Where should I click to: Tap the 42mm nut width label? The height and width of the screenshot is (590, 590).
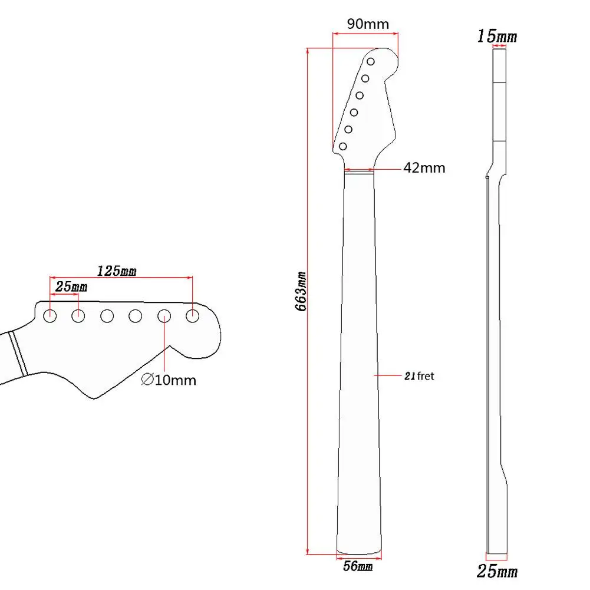click(424, 168)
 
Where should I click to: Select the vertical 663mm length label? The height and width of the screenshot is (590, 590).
click(301, 291)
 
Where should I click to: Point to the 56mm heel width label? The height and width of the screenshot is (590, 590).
click(358, 567)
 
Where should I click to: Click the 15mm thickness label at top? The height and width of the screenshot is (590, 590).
click(496, 37)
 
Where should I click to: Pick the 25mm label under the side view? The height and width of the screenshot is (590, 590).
click(497, 571)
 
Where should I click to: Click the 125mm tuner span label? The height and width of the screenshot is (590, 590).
click(116, 271)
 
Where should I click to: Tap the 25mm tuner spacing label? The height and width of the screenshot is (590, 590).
click(71, 286)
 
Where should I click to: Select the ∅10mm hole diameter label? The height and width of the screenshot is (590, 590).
click(169, 380)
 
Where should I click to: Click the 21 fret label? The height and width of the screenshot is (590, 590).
click(418, 375)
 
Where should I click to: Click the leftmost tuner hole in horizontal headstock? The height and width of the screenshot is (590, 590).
click(50, 316)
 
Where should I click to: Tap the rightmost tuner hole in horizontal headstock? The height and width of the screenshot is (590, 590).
click(192, 316)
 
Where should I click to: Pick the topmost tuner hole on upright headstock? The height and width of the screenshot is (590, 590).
click(371, 62)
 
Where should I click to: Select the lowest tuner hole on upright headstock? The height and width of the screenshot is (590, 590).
click(342, 146)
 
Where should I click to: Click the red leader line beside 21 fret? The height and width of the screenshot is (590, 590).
click(388, 375)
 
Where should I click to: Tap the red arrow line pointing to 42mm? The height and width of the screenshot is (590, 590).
click(387, 168)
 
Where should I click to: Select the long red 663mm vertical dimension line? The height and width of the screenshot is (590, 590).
click(307, 354)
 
